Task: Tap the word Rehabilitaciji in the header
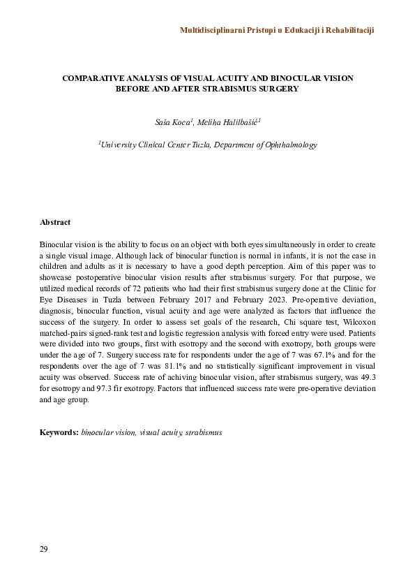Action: [344, 31]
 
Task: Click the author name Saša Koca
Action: [172, 123]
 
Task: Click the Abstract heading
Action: [55, 222]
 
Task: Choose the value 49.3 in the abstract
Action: [368, 378]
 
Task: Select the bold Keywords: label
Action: [59, 433]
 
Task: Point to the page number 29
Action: [44, 550]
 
